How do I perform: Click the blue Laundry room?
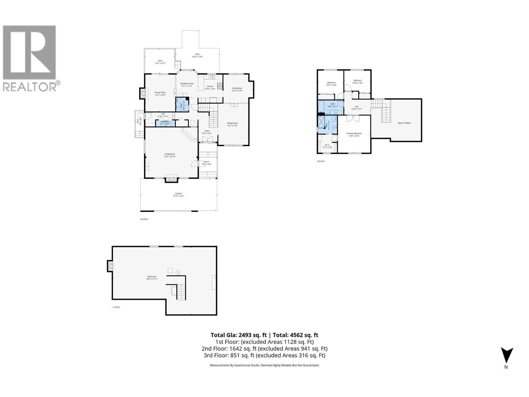pyautogui.click(x=165, y=123)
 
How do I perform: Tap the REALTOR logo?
pyautogui.click(x=30, y=58)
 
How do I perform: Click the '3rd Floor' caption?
pyautogui.click(x=321, y=161)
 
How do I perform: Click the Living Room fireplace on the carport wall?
pyautogui.click(x=171, y=179)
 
